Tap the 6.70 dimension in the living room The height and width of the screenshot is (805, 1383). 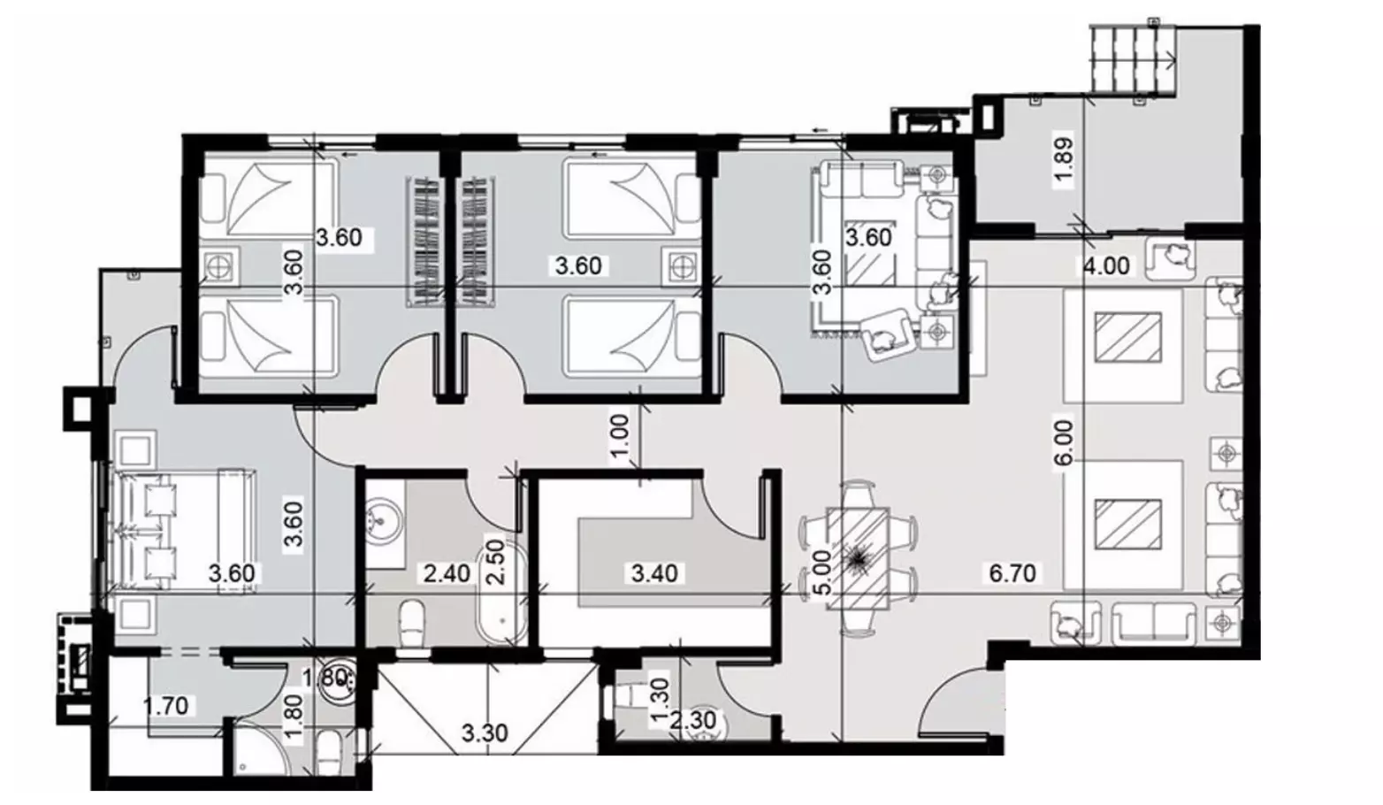1012,573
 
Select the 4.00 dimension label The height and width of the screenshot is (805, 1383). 1106,266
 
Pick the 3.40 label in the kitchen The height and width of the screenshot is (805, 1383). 654,573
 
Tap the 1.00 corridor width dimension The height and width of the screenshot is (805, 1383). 620,436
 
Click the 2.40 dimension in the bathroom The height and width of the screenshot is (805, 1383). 447,573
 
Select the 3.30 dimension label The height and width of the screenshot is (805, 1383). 485,733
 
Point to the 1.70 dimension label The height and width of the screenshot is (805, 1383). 166,706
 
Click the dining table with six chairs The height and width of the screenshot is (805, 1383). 859,559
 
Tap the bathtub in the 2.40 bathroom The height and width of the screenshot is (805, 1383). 501,591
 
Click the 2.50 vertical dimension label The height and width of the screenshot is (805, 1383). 496,563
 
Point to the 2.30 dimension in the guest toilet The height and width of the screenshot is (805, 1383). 692,720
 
